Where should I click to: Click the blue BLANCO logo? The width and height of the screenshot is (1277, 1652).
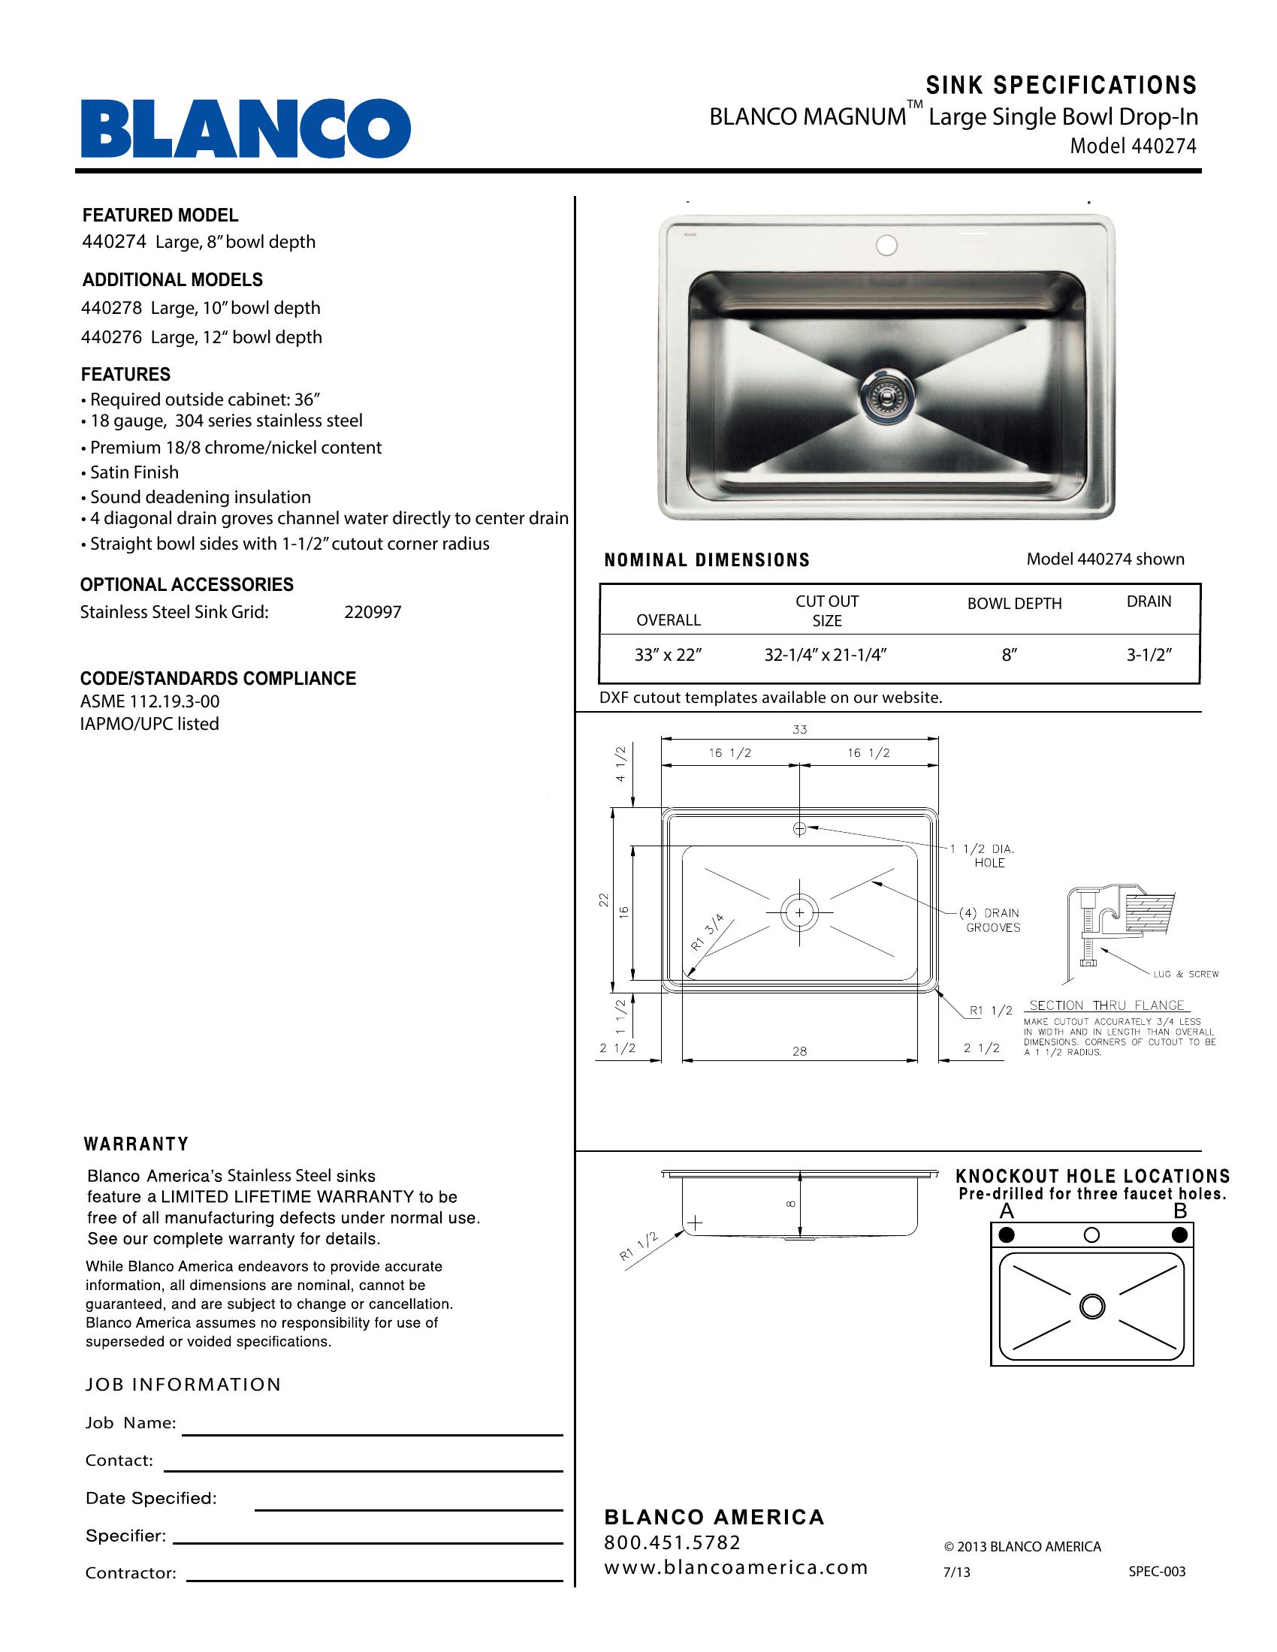[x=246, y=128]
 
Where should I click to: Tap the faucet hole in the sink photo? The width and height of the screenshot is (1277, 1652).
[x=886, y=245]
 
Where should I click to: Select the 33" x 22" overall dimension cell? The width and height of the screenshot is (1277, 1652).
[x=668, y=655]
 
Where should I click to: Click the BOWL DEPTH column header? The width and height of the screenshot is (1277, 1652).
[x=1014, y=604]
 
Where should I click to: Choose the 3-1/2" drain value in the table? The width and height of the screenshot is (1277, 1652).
[x=1149, y=655]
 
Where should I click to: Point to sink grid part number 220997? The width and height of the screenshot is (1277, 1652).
[x=372, y=612]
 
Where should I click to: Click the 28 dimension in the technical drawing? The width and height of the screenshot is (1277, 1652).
[x=800, y=1051]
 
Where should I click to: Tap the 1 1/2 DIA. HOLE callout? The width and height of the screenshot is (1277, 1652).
[x=988, y=855]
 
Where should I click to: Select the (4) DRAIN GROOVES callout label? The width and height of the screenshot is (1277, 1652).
[x=992, y=920]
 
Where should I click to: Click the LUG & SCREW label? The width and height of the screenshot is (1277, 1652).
[x=1185, y=974]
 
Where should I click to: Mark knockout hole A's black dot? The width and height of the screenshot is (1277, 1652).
[x=1006, y=1235]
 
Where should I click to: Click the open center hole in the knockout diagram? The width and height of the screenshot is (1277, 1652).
[x=1091, y=1234]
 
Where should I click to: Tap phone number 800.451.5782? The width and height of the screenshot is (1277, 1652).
[x=672, y=1542]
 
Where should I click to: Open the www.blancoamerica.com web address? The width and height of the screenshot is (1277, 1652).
[x=735, y=1567]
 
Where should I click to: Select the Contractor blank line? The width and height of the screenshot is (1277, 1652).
[x=375, y=1579]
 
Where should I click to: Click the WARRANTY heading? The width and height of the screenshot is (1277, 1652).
[x=136, y=1144]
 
